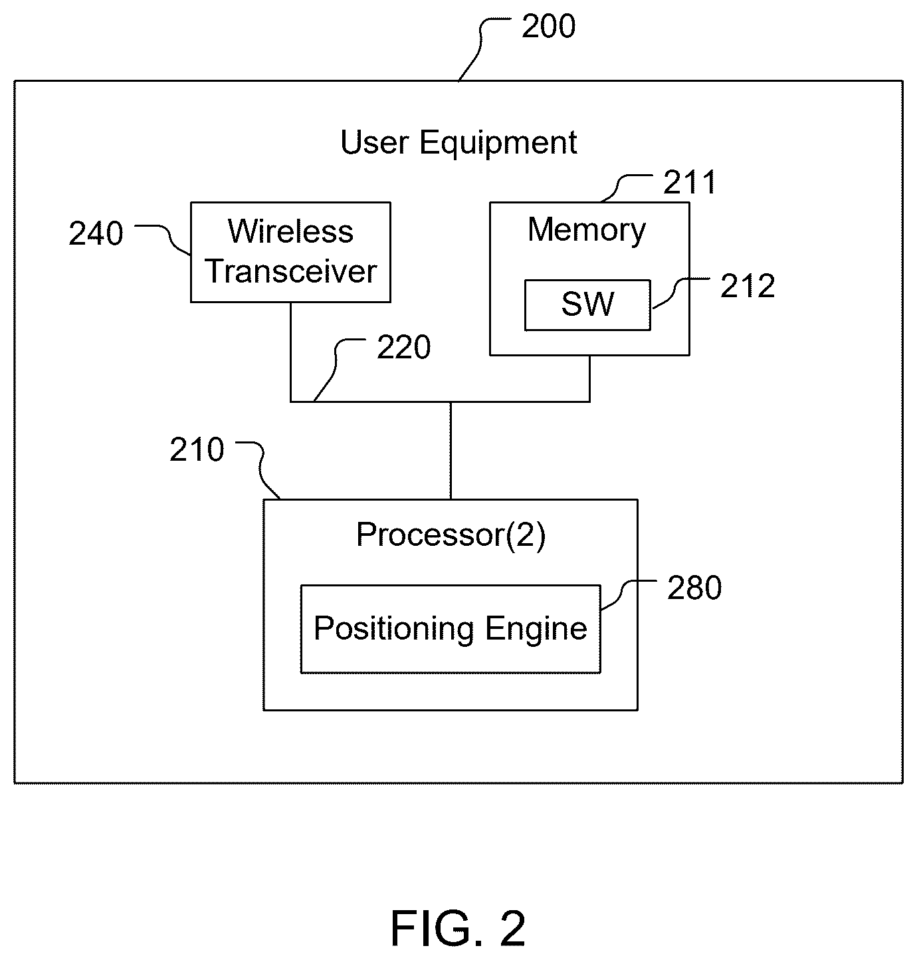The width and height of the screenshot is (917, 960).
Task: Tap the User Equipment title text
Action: tap(458, 142)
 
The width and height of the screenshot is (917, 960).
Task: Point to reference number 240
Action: tap(96, 233)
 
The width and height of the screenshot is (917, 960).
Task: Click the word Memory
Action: tap(586, 231)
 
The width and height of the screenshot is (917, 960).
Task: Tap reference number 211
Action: tap(689, 183)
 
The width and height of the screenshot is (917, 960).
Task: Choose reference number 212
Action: tap(748, 286)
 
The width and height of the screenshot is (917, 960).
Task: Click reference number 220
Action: tap(404, 347)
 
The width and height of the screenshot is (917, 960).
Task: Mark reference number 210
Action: tap(197, 450)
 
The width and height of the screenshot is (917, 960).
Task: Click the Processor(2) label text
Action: tap(451, 535)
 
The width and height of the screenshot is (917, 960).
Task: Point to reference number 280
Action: tap(694, 588)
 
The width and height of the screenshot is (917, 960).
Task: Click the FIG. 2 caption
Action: tap(458, 928)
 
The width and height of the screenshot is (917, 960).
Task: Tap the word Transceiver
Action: tap(291, 271)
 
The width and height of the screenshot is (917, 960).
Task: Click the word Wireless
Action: tap(290, 231)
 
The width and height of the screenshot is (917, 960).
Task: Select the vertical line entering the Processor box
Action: tap(450, 450)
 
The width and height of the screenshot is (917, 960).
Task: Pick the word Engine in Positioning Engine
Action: tap(536, 629)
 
